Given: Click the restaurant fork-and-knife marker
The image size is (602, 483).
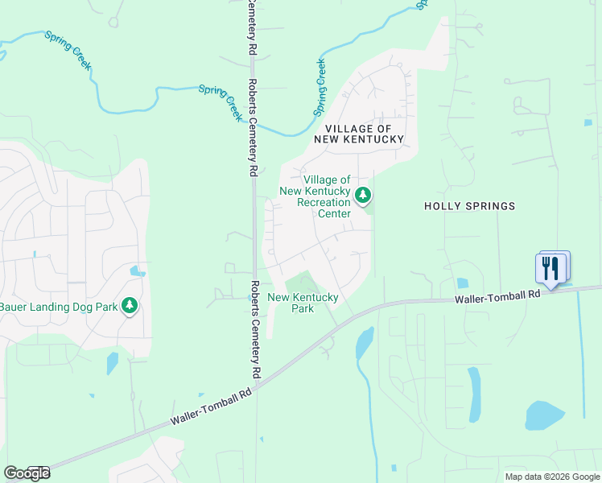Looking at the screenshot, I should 550,268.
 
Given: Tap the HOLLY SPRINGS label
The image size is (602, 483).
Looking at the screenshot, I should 469,207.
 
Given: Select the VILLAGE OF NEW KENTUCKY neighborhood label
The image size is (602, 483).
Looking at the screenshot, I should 363,134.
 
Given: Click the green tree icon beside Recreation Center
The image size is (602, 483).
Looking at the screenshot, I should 364,194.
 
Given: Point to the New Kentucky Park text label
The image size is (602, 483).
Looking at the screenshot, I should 302,303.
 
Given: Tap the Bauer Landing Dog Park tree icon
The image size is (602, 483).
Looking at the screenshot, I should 129,306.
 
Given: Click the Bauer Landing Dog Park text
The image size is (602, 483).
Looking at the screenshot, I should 58,307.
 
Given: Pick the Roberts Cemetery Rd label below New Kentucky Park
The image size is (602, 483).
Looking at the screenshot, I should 255,330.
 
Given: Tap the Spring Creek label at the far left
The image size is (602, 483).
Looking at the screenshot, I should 68,51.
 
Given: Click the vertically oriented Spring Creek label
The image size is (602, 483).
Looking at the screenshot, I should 320,87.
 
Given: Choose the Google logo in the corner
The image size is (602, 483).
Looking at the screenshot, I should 27,473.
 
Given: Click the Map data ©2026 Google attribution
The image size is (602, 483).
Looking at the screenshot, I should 551,477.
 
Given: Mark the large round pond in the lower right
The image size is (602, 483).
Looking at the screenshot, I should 544,415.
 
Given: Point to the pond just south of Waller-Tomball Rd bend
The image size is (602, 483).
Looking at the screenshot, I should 364,343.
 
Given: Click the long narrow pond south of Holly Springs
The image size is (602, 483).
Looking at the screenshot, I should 474,395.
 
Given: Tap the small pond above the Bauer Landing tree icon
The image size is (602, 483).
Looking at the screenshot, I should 137,271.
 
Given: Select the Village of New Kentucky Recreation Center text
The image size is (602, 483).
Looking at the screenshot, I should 315,196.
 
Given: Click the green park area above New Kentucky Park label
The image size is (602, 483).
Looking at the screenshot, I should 303,283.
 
